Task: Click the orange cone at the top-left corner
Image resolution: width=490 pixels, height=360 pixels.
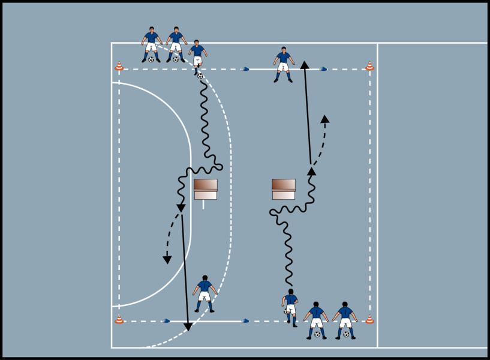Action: (119, 66)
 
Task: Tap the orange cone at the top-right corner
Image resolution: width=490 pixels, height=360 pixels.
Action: (370, 66)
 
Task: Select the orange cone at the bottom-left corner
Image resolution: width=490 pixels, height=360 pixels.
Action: (119, 319)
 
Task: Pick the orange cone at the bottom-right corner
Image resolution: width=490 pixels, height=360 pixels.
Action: (370, 319)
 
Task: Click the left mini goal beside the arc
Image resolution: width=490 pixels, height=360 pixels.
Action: (205, 189)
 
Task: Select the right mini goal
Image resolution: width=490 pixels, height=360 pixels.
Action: (284, 189)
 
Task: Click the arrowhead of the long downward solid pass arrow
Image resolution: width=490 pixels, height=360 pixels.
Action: (188, 326)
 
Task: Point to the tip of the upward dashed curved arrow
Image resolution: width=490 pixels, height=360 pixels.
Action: (325, 119)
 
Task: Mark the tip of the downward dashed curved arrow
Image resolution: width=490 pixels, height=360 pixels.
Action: (167, 259)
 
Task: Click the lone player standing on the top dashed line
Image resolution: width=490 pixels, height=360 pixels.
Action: (283, 64)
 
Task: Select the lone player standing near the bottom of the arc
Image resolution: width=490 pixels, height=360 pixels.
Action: (205, 293)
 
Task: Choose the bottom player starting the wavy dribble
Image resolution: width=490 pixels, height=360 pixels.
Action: (291, 307)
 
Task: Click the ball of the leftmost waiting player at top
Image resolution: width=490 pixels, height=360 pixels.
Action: (151, 59)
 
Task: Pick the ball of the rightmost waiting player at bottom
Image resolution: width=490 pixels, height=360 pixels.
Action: (345, 334)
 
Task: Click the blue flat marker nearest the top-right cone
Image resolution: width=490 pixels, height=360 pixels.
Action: (323, 69)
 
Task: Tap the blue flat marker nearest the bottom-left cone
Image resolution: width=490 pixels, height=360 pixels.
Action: (166, 322)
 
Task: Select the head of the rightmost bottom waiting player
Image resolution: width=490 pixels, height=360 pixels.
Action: (345, 304)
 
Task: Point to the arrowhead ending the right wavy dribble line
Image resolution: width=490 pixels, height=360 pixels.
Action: (311, 171)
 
